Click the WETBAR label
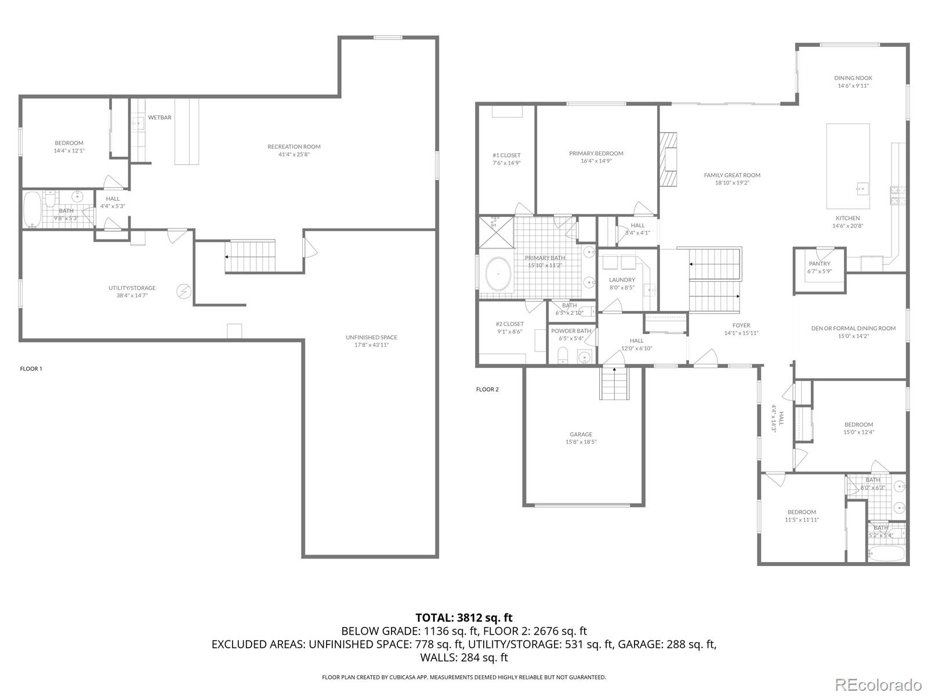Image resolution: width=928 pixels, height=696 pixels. point(159,118)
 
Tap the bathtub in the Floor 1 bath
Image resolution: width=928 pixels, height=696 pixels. point(32,209)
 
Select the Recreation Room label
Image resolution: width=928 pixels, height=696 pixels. point(294,147)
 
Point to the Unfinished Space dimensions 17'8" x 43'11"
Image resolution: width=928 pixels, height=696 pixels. point(371,345)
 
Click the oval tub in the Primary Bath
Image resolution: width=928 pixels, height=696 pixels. point(498,274)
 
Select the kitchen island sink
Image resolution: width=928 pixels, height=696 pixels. point(861,187)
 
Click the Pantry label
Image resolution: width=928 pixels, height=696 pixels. point(820,264)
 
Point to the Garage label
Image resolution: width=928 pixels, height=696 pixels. point(581,434)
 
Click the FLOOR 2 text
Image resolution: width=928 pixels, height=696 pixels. point(487,389)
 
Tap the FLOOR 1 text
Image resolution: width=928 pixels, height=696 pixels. point(31,369)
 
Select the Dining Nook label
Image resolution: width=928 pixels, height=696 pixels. point(853,78)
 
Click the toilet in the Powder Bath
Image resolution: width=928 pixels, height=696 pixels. point(562,354)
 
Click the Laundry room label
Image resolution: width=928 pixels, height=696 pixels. point(622,280)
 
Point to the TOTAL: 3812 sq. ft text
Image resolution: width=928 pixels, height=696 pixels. point(464,618)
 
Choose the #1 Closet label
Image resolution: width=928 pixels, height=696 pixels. point(506,155)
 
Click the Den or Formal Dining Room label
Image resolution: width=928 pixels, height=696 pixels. point(853,328)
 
